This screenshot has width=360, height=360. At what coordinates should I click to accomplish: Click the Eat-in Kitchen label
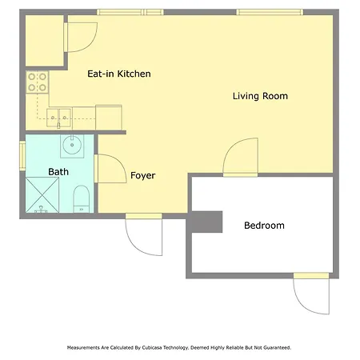pos(119,74)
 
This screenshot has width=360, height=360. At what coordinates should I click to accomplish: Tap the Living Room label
pos(260,96)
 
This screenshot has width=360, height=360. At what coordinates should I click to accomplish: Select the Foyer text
pos(142,175)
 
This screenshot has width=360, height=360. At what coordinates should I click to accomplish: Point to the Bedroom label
pos(264,226)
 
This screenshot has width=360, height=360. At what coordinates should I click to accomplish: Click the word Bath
pos(58,172)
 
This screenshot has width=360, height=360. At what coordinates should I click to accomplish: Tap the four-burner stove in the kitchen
pos(38,82)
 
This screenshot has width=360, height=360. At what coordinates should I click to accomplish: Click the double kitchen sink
pos(59,118)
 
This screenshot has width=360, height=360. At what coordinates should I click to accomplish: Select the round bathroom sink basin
pos(72,145)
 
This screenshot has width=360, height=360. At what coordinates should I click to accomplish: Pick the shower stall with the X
pos(42,195)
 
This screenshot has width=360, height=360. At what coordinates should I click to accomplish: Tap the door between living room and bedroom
pos(240,157)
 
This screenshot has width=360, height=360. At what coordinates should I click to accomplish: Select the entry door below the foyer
pos(144,234)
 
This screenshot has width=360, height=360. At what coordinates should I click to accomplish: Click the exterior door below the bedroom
pos(311,294)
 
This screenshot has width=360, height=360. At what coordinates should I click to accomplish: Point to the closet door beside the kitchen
pos(82,37)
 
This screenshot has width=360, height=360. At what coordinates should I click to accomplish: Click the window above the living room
pos(270,12)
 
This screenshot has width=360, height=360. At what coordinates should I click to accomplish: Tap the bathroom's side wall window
pos(22,156)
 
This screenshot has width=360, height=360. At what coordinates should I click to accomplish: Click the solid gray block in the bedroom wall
pos(206,222)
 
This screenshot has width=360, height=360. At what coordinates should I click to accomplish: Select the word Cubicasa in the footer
pos(152,348)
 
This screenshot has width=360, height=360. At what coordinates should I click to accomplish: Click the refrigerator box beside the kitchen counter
pos(109,118)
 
